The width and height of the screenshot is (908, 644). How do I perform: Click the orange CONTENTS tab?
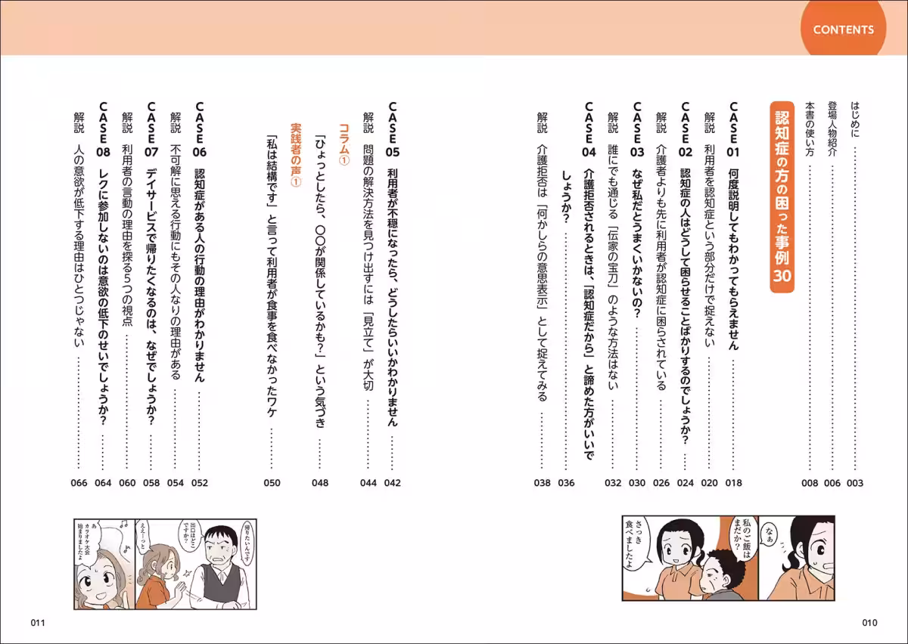pyautogui.click(x=843, y=30)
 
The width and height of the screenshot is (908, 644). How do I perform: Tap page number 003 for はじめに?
pyautogui.click(x=856, y=482)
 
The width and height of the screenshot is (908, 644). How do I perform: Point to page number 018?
pyautogui.click(x=733, y=482)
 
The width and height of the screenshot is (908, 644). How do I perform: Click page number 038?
pyautogui.click(x=542, y=482)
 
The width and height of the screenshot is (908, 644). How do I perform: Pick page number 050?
pyautogui.click(x=272, y=482)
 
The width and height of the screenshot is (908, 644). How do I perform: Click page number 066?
pyautogui.click(x=79, y=482)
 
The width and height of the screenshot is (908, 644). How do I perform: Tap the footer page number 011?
pyautogui.click(x=39, y=623)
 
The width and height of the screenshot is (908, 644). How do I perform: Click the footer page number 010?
pyautogui.click(x=869, y=623)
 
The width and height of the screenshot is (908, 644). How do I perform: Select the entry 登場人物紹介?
pyautogui.click(x=832, y=128)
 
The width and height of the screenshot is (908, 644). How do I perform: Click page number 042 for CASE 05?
pyautogui.click(x=393, y=482)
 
